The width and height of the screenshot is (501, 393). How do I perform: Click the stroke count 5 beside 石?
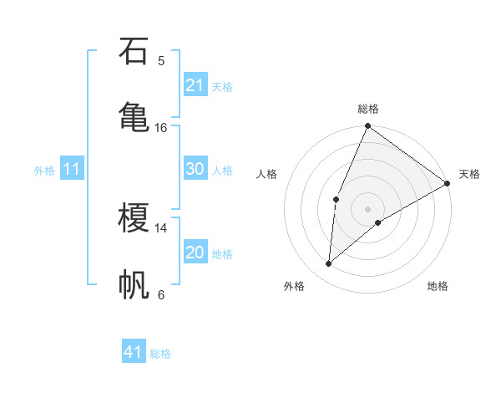(161, 60)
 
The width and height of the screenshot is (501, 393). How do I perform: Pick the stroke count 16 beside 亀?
(161, 127)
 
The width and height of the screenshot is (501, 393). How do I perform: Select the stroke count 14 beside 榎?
(161, 227)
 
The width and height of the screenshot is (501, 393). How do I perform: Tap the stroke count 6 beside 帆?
(161, 294)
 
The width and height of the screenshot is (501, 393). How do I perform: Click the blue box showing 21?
(195, 85)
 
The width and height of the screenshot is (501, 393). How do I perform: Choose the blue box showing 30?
(195, 169)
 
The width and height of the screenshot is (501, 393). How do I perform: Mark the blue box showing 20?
(195, 253)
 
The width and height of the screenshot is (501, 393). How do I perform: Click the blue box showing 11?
(72, 169)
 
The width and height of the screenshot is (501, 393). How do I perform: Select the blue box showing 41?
(134, 352)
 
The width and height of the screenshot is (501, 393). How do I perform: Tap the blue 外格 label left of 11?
(44, 170)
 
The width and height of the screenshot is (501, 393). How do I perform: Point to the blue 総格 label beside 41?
(160, 354)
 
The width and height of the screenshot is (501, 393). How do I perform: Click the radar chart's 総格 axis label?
(368, 109)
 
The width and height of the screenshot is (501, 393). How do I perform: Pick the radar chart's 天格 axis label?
(469, 174)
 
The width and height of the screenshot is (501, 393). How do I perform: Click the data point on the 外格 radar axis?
(329, 264)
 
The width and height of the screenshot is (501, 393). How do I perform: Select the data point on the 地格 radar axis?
(378, 222)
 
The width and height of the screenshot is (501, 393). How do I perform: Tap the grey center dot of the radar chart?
(368, 208)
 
